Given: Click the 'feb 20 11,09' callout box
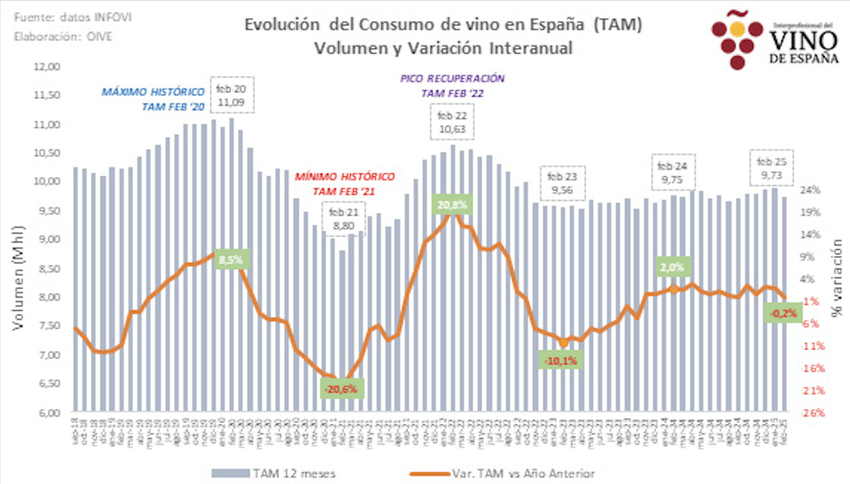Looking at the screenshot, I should (x=231, y=95).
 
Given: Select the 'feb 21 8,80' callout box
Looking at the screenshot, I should (x=344, y=219).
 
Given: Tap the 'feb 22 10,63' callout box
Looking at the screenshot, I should (x=452, y=122).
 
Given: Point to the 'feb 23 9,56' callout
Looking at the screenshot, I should (x=562, y=183).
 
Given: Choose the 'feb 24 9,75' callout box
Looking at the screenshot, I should (x=672, y=173).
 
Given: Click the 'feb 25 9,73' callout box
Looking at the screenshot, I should (x=771, y=168).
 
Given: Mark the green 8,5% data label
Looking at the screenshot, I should (x=231, y=260).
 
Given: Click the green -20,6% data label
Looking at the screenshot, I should (x=342, y=389).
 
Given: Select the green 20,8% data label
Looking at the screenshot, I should (x=452, y=205).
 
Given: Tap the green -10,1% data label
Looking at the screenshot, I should (x=561, y=361).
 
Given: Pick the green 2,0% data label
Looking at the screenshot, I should (x=672, y=268).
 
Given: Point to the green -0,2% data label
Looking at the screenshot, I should (x=784, y=313).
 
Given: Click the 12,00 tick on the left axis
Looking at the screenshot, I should (x=47, y=67).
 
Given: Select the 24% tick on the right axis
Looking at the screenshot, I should (x=811, y=190).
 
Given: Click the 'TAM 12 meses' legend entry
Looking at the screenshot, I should (x=274, y=474).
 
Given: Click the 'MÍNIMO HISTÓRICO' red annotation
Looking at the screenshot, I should (x=345, y=177).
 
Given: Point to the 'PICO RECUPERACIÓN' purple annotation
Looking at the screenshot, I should (x=452, y=79).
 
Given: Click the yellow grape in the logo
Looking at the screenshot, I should (x=737, y=29).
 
